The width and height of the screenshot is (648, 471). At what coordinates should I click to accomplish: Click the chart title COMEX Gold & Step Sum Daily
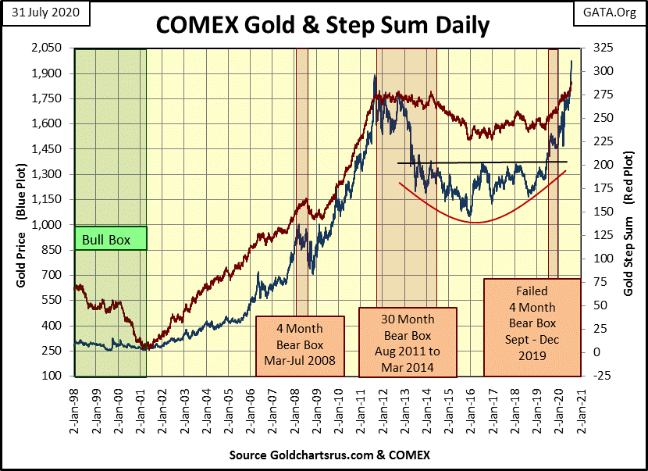[322, 25]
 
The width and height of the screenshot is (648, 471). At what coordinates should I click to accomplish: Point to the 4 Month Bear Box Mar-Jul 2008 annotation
[301, 344]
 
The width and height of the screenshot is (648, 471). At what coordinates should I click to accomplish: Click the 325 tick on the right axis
[602, 48]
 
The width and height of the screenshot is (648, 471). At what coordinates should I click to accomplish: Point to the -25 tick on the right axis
[602, 376]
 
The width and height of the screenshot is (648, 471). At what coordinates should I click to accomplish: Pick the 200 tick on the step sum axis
[602, 165]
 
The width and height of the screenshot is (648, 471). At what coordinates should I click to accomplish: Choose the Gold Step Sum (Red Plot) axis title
[628, 212]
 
